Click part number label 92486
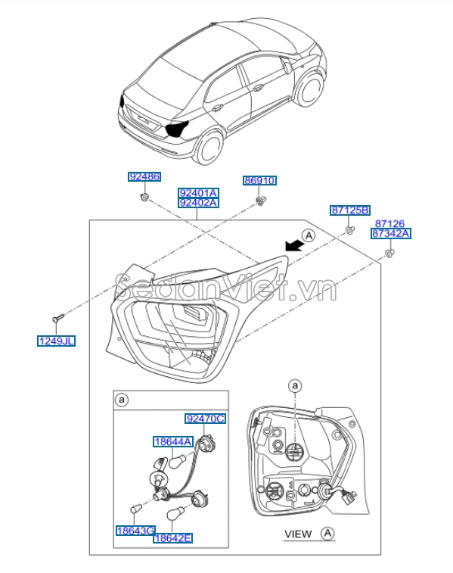coord(144,177)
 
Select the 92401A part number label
coord(198,193)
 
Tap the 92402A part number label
coord(198,203)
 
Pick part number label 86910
coord(259,181)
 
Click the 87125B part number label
coord(349,210)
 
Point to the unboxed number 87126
coord(390,223)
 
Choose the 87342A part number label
coord(390,234)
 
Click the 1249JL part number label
coord(57,341)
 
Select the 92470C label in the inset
coord(206,418)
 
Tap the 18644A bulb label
coord(173,441)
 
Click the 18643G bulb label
coord(135,530)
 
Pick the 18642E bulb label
coord(172,538)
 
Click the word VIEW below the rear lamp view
coord(297,534)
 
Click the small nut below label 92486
coord(144,198)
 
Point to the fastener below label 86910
coord(261,200)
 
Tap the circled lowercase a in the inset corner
coord(121,399)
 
